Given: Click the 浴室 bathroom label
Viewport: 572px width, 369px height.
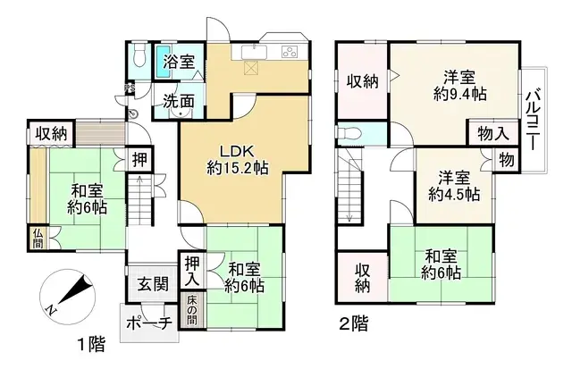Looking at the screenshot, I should pos(180,62).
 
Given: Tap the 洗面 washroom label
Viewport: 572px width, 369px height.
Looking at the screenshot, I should pos(179,102).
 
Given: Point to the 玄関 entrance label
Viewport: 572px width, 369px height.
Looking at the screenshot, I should pos(153,285).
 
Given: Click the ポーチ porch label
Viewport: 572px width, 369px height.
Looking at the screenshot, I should pos(147,323).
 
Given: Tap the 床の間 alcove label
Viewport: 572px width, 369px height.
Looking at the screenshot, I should pos(192,309).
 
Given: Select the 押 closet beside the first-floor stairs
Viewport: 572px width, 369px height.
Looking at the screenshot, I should pos(140,161).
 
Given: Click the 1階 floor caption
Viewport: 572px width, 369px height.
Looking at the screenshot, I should pos(89,343).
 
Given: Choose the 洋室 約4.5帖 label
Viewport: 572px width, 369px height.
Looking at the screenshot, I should pos(453,185).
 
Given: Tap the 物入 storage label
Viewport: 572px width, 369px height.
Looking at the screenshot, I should pos(492,134).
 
